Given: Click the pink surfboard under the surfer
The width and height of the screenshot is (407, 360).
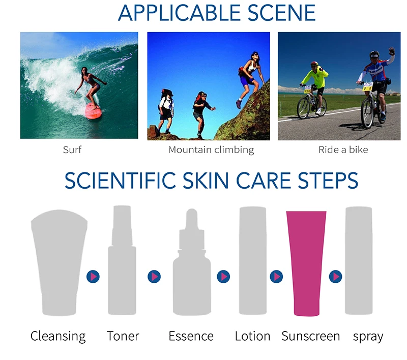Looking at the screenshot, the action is coord(93,111).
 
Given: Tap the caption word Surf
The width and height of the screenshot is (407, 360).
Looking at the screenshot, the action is coord(72,149).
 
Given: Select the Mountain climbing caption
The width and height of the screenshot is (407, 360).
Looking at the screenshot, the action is coord(211,150).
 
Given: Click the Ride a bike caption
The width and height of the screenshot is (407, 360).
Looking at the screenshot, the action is coord(343,149).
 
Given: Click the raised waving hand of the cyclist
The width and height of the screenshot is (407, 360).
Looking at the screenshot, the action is coord(392,51).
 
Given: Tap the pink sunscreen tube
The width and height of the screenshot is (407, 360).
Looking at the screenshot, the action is coord(306,263).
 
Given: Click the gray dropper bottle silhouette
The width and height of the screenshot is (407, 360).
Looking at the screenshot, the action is coord(192,262).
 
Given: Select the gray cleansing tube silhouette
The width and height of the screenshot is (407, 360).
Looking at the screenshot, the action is coord(59,262).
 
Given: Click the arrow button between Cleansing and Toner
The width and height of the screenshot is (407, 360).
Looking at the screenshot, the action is coord(93,277).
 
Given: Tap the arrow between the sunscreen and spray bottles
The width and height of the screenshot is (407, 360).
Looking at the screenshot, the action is coord(335,277).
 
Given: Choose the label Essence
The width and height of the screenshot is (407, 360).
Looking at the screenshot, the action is coord(191,336).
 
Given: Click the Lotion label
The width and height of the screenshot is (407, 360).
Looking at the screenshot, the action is coord(252,336).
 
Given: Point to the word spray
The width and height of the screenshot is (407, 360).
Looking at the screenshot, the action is coord(368,337).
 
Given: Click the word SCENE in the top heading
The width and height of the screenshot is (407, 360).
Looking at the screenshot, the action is coord(282,13).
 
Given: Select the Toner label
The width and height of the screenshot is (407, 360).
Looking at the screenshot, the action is coord(123,336).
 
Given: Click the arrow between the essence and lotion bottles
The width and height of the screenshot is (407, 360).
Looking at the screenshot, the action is coord(223,277).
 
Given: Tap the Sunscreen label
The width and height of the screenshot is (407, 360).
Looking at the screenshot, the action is coord(311,336).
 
